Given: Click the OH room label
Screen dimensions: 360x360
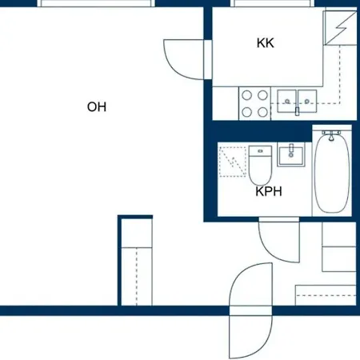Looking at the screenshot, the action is point(97,107).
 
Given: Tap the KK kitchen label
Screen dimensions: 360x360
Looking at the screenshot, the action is point(266,43).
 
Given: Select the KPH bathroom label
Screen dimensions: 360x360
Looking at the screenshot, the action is point(269,191).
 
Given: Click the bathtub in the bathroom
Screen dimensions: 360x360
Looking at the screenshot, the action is point(332,171).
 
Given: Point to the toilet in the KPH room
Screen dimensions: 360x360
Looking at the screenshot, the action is point(260,165).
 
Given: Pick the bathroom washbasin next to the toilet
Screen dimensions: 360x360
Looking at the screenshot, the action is point(291,155).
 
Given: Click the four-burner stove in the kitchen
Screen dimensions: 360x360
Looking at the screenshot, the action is point(254,103).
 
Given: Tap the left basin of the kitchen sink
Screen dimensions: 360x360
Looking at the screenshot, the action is point(286,101).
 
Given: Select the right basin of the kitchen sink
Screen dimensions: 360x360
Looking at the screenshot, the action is point(307,101).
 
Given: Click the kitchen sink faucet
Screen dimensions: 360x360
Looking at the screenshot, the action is point(297,111).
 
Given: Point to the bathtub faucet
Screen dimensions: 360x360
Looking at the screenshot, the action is point(331,135).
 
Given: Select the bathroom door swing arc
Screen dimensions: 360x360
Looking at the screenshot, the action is point(279,242).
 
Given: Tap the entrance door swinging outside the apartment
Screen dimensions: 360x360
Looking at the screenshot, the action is point(250,337).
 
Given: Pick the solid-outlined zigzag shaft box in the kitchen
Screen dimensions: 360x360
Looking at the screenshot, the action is point(340,28).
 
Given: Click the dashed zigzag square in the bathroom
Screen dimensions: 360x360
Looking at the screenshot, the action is point(233,162).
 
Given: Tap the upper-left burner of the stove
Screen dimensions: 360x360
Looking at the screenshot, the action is point(246,95).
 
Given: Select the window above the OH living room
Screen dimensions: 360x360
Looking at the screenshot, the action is point(96,3).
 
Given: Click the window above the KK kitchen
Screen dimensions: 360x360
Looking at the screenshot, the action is point(273,3).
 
